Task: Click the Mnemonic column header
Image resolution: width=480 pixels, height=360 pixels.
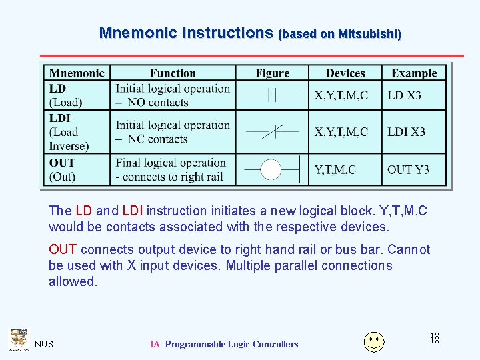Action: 77,73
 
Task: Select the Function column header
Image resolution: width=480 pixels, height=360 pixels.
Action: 173,73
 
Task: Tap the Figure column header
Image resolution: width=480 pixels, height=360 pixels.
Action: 272,73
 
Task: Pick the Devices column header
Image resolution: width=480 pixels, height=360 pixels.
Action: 345,73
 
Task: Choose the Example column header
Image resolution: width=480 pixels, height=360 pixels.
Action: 414,73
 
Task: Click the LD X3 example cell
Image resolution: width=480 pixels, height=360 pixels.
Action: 405,95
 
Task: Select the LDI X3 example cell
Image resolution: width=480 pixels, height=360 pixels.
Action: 407,132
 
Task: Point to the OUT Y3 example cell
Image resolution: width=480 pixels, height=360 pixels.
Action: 409,169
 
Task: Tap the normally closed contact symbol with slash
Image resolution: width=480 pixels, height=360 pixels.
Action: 272,132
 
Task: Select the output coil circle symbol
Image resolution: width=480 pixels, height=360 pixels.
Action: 271,169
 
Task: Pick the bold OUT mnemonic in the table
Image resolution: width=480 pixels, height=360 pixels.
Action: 62,163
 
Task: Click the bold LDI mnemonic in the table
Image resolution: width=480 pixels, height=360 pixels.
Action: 60,118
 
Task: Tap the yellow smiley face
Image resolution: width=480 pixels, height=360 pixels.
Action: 373,341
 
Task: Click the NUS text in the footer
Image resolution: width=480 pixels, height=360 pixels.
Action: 44,344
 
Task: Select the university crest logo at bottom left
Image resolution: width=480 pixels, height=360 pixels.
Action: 18,339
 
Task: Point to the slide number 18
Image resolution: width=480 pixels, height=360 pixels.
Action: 435,339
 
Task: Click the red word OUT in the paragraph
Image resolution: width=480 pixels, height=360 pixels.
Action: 63,249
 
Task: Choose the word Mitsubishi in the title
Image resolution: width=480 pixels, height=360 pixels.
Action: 369,33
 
